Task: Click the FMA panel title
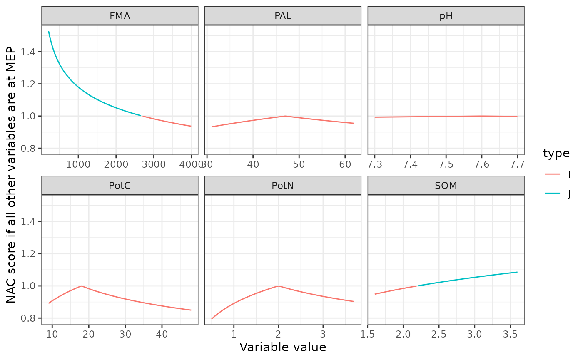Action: (x=120, y=16)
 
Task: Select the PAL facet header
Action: (x=283, y=16)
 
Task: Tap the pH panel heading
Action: (x=446, y=16)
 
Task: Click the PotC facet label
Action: (x=120, y=186)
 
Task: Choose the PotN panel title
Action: (x=283, y=186)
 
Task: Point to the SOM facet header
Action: (x=446, y=186)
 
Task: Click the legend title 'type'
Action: (x=556, y=153)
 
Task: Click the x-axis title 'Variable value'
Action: (x=283, y=347)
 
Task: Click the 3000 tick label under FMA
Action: (x=154, y=164)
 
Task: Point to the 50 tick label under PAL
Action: (x=299, y=164)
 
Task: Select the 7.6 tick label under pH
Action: (x=481, y=164)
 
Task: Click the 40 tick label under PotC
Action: (x=162, y=334)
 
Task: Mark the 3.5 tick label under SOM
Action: (x=510, y=334)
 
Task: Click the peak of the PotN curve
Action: (x=278, y=286)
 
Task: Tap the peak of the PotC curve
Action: (x=81, y=286)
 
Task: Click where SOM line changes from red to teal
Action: (x=417, y=286)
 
